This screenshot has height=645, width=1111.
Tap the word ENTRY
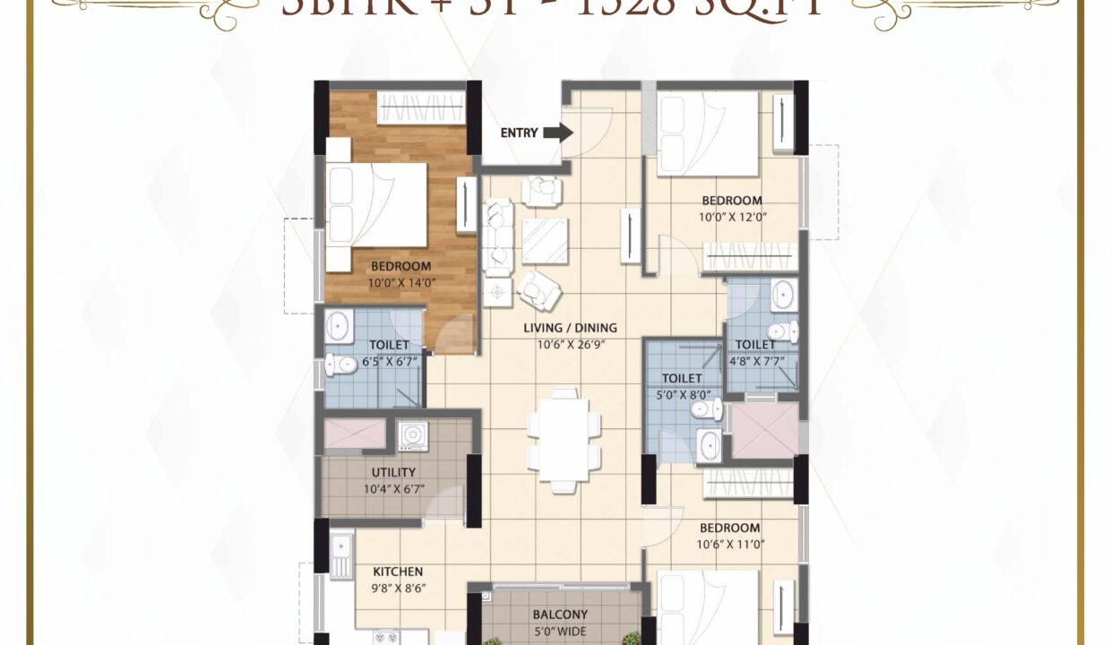point(519,133)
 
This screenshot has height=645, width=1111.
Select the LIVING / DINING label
point(570,328)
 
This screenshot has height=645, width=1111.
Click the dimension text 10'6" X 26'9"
point(570,343)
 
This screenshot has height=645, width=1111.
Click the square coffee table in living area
point(545,240)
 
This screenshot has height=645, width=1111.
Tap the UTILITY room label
point(393,472)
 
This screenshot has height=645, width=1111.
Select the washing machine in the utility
point(411,434)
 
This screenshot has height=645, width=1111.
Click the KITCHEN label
point(398,572)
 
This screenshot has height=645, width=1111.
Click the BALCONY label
point(560,615)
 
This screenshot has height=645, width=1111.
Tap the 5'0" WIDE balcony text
point(560,630)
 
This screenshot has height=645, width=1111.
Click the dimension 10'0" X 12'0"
point(732,216)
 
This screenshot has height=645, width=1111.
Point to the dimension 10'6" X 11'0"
point(730,544)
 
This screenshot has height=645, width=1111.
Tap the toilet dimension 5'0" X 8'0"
point(682,393)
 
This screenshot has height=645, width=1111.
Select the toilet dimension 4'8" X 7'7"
point(755,360)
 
